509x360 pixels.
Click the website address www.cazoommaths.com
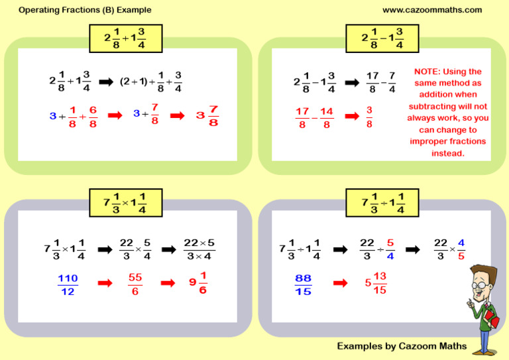coord(432,10)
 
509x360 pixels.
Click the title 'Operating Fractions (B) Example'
coord(85,10)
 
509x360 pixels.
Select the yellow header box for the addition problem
coord(126,38)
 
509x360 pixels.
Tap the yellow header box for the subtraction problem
coord(382,38)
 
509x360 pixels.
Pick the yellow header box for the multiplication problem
coord(126,203)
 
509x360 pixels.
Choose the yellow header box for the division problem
coord(382,203)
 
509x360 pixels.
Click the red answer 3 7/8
coord(207,115)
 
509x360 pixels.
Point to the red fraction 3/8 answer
coord(369,117)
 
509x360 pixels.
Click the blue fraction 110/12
coord(68,284)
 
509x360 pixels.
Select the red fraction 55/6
coord(135,284)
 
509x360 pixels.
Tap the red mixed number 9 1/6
coord(198,282)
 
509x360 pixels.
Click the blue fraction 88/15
coord(303,284)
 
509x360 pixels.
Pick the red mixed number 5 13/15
coord(376,282)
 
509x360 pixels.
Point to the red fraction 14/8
coord(327,117)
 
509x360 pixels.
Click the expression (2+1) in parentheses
coord(134,81)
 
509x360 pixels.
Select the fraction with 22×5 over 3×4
coord(199,249)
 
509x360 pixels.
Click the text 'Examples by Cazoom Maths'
coord(402,346)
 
